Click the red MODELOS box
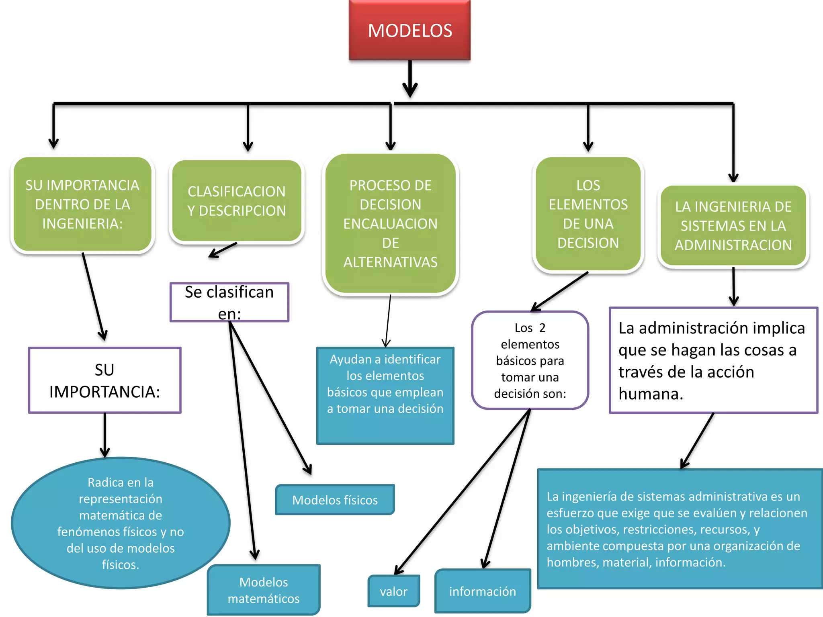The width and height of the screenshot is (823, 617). [x=409, y=31]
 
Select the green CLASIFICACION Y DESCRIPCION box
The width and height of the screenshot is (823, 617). [x=236, y=201]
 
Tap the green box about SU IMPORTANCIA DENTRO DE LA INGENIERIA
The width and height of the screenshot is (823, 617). [x=82, y=204]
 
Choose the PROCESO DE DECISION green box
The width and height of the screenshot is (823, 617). [x=390, y=223]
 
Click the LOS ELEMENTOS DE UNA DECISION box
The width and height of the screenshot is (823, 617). [x=588, y=214]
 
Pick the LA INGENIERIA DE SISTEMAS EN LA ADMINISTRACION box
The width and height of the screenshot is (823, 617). [x=733, y=226]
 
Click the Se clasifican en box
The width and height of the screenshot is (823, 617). [x=229, y=302]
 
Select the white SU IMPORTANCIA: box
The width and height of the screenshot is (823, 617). [x=104, y=380]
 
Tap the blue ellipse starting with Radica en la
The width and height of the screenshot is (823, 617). [x=121, y=523]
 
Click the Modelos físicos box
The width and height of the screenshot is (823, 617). [x=335, y=500]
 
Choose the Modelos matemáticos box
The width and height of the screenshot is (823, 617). [x=264, y=590]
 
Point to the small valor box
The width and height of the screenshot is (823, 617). [x=393, y=591]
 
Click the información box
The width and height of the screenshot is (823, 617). [x=482, y=591]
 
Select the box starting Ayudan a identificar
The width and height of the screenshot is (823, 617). [x=385, y=396]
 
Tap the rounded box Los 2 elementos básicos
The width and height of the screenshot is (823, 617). [x=530, y=360]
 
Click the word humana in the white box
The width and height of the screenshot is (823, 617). [x=650, y=394]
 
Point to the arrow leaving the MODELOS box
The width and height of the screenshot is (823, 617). [x=410, y=79]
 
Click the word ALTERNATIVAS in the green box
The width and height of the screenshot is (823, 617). [x=390, y=262]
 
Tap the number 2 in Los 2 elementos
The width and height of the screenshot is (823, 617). [x=542, y=328]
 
